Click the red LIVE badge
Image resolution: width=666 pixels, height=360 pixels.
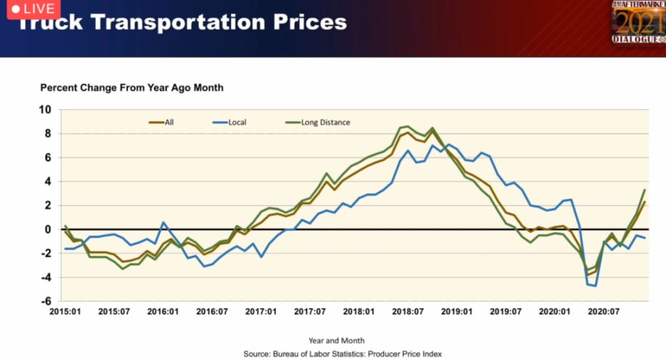(29, 8)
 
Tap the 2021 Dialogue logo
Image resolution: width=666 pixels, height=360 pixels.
(637, 22)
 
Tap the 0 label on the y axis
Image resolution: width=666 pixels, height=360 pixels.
(48, 230)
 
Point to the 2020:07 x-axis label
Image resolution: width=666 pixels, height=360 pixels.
(604, 312)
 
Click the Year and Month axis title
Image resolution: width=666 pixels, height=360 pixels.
(337, 340)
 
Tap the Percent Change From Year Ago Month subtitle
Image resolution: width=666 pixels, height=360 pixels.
(132, 88)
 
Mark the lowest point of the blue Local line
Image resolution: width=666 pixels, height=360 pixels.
(595, 286)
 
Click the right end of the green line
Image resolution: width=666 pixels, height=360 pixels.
(645, 190)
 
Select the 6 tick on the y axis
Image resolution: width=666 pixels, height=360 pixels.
(48, 158)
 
